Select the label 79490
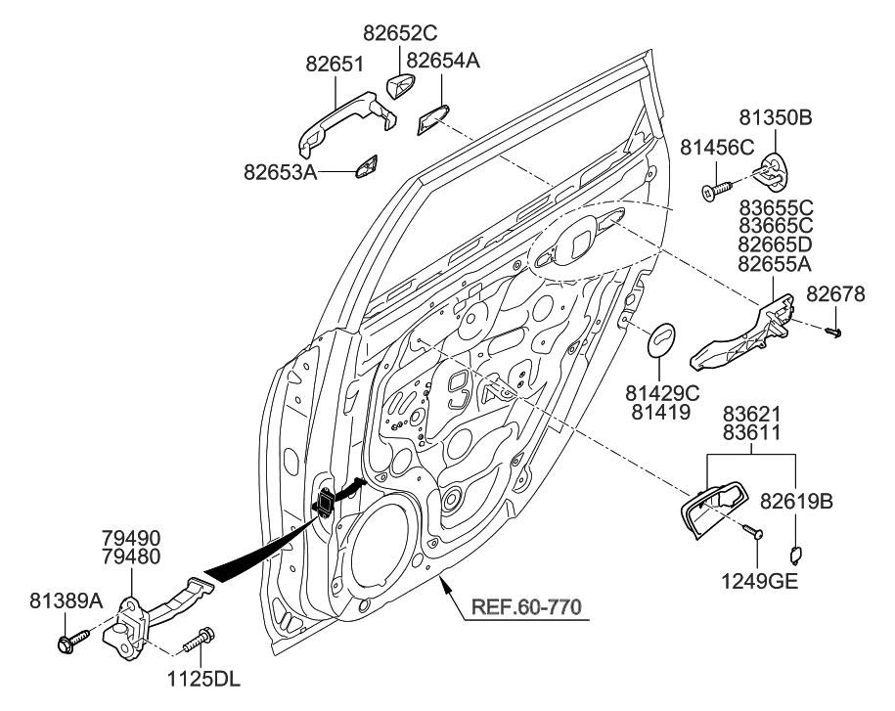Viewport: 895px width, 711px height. click(x=131, y=538)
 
